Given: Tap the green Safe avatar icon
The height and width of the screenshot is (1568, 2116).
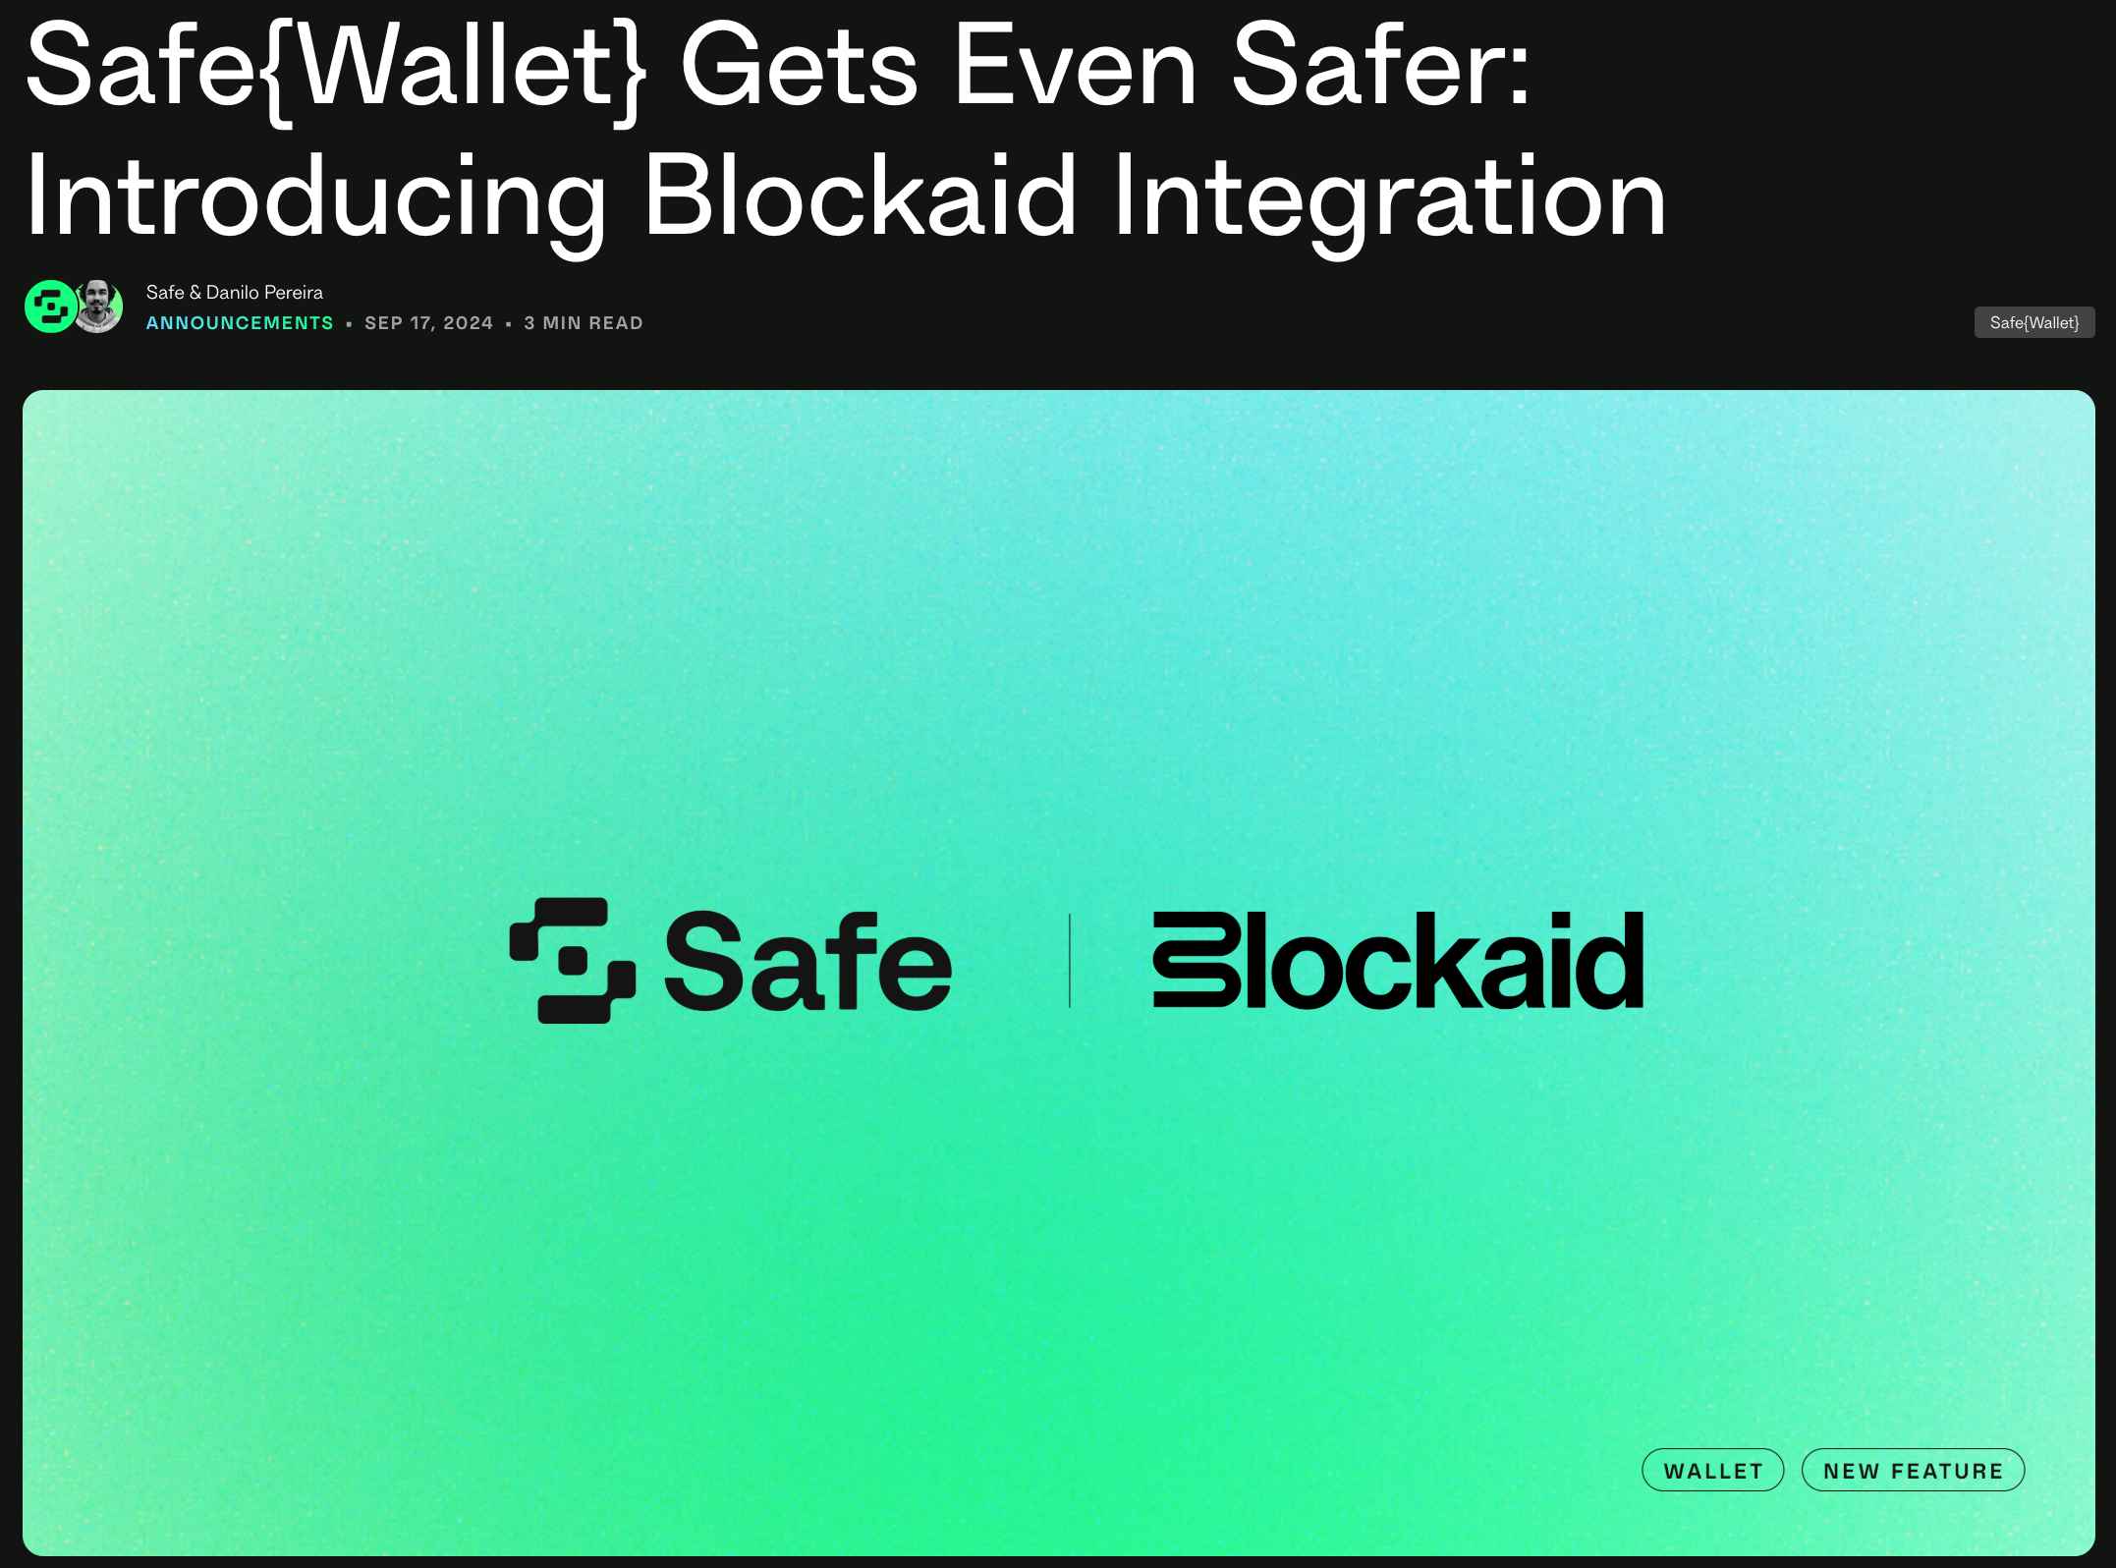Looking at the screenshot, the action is click(50, 307).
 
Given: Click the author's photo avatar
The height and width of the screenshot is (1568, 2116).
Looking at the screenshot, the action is click(97, 307).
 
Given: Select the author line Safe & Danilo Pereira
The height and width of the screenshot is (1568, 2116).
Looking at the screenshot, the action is click(234, 293).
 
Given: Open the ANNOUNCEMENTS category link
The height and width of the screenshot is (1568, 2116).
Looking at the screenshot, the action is click(240, 323).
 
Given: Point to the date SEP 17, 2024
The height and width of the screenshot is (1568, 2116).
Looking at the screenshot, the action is click(428, 323).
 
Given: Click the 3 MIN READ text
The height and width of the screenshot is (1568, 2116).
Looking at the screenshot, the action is click(584, 323).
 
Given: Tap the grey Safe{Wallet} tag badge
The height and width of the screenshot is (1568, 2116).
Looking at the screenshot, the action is click(2034, 322).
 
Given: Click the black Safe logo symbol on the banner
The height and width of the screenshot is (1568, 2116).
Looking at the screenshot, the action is click(573, 960).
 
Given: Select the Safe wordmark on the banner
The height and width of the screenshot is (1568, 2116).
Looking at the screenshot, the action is click(808, 960).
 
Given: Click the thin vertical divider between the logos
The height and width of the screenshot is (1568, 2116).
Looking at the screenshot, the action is click(1070, 960).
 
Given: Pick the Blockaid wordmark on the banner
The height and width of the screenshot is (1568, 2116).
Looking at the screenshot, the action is click(1398, 960).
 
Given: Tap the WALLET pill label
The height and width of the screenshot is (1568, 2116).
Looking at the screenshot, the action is click(1713, 1471).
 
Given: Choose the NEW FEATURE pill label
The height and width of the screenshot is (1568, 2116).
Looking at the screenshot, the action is click(1914, 1471).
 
